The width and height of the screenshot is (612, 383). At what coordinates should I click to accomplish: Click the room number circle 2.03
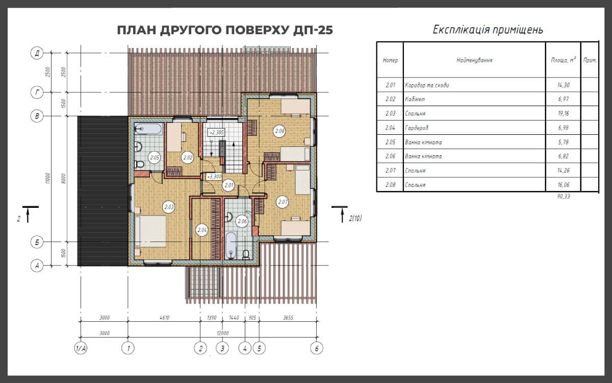[169, 207]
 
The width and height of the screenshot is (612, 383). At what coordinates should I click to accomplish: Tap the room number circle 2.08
[279, 131]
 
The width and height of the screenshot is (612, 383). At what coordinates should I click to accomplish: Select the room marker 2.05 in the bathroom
[155, 158]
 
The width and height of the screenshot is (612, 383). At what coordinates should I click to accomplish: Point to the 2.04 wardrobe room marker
[202, 230]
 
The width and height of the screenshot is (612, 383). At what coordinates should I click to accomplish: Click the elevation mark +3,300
[214, 177]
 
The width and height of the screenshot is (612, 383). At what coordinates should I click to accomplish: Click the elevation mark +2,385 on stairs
[216, 133]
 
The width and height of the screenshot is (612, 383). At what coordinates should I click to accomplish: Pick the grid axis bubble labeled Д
[37, 53]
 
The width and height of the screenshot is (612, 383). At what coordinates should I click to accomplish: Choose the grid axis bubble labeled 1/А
[81, 348]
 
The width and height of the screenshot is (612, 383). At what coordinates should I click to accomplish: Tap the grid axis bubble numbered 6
[317, 348]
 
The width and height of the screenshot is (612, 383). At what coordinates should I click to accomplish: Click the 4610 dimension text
[164, 318]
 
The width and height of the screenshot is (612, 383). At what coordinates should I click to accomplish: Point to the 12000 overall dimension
[223, 333]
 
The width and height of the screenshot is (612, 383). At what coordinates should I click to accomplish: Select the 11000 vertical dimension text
[48, 178]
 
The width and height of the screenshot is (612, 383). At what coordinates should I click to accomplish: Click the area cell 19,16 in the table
[564, 113]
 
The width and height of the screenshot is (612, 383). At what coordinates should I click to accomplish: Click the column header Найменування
[474, 60]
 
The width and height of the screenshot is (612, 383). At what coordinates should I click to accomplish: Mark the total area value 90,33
[564, 196]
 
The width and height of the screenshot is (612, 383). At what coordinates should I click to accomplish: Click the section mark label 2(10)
[355, 218]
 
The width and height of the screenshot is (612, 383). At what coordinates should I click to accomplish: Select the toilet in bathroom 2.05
[140, 164]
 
